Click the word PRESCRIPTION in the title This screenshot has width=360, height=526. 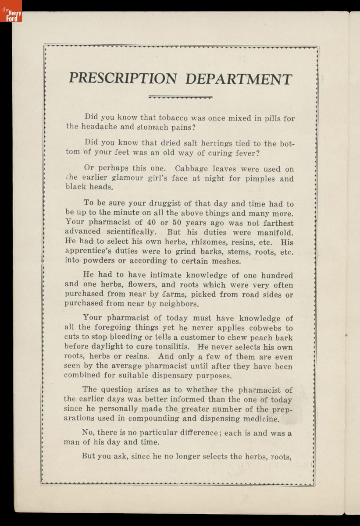coord(123,79)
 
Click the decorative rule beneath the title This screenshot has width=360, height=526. coord(180,97)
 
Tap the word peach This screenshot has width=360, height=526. coord(261,338)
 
